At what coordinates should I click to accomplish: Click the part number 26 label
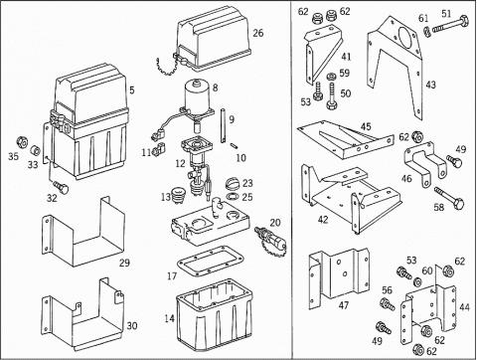(x=258, y=33)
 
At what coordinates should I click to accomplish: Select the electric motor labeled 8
(x=198, y=98)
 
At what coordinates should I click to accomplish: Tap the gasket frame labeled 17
(x=211, y=262)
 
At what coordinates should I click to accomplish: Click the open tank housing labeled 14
(x=215, y=315)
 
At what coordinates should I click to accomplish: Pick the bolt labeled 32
(x=61, y=187)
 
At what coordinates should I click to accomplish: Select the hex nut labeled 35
(x=23, y=142)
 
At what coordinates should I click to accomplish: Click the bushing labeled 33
(x=35, y=151)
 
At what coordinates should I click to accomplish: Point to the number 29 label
(x=124, y=263)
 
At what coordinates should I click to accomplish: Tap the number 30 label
(x=132, y=326)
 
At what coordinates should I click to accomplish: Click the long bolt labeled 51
(x=450, y=25)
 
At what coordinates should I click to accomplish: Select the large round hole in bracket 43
(x=405, y=37)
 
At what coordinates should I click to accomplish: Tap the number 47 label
(x=344, y=304)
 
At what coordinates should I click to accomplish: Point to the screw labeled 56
(x=388, y=304)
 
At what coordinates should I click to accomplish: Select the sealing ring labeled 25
(x=233, y=196)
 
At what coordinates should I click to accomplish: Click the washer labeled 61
(x=427, y=33)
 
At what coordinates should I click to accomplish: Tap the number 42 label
(x=323, y=220)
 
